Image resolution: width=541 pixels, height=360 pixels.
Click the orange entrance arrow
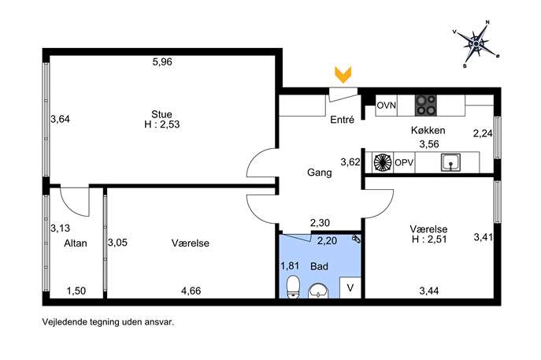(343, 75)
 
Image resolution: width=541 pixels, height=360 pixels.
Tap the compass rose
(476, 43)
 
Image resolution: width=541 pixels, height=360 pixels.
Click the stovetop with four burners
(426, 106)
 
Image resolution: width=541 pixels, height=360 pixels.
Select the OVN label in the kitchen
(387, 106)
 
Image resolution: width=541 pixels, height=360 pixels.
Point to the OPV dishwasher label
(404, 162)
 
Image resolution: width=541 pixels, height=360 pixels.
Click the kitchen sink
(450, 162)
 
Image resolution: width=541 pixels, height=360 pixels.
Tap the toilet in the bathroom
(293, 287)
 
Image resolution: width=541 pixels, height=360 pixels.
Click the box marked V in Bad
(350, 288)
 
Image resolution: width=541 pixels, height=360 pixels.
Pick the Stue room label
(161, 114)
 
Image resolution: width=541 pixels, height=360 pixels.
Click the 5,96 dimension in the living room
(162, 62)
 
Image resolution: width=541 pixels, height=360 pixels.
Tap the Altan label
(76, 243)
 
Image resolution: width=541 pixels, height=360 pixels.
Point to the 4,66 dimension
(191, 291)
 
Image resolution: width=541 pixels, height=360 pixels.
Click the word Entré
(343, 120)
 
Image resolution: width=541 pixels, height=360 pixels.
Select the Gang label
(320, 173)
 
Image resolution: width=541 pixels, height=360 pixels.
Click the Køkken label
(428, 131)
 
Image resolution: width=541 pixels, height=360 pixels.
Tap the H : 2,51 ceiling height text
(429, 239)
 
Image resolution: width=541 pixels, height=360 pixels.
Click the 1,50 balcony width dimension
(76, 291)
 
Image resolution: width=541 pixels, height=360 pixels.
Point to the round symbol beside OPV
(383, 162)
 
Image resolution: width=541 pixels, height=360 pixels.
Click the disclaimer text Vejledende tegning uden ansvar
(108, 322)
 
